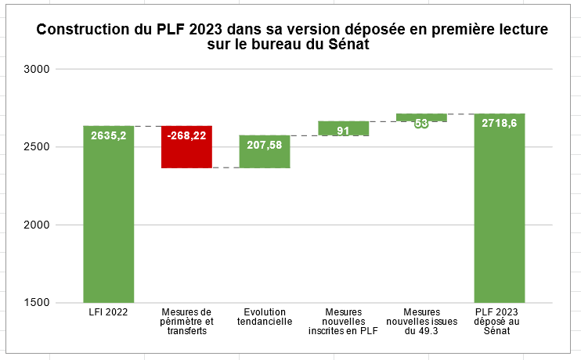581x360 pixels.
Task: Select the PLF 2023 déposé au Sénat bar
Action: [500, 219]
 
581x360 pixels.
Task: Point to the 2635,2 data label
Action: [109, 135]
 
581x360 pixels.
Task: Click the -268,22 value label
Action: [186, 135]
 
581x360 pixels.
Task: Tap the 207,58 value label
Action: [265, 145]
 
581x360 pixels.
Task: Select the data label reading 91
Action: [343, 131]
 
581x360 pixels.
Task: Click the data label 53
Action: [421, 123]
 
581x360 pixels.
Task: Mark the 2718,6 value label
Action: [500, 123]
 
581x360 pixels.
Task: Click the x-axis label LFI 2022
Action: [109, 312]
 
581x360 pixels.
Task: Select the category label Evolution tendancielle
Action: [265, 317]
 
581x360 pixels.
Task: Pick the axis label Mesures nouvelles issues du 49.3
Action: [421, 322]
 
